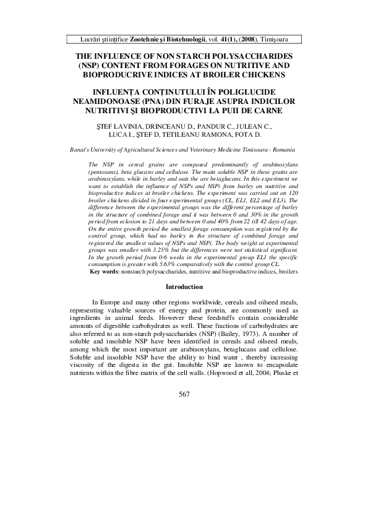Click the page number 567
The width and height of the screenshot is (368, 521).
tap(184, 481)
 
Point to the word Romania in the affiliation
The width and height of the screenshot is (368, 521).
tap(281, 150)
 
